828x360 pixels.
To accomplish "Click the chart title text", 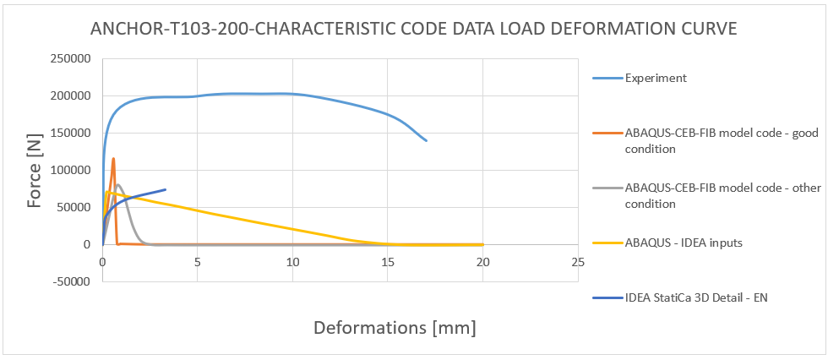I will coord(414,29).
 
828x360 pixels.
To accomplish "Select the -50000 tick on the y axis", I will coord(72,281).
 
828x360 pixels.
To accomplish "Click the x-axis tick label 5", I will coord(197,262).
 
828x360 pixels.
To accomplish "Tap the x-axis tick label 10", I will coord(291,262).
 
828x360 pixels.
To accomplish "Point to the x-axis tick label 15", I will coord(387,262).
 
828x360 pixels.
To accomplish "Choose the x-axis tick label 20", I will coord(482,262).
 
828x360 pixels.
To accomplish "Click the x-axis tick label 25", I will coord(577,262).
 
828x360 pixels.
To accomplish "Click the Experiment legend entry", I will coord(656,79).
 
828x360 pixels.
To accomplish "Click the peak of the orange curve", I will coord(113,158).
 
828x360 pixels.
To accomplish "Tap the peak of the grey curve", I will coord(118,185).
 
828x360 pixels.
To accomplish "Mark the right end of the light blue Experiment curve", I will coord(426,140).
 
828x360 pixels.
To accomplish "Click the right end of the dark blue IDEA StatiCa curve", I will coord(166,189).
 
